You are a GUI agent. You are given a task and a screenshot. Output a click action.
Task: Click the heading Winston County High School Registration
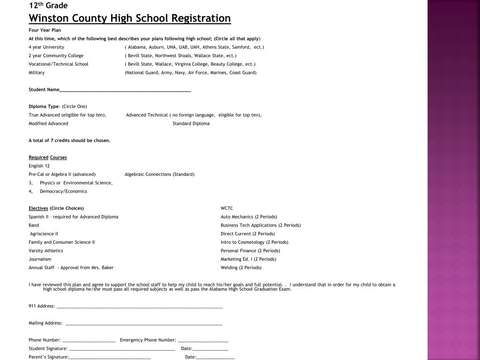[130, 18]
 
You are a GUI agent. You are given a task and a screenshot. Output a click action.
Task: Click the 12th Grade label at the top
[48, 6]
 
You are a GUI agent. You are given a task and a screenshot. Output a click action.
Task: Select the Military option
[37, 73]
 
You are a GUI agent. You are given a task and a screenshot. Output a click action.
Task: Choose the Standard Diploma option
[191, 124]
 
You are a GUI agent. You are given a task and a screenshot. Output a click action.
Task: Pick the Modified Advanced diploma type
[48, 124]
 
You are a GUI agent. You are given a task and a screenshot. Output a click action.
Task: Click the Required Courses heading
[48, 157]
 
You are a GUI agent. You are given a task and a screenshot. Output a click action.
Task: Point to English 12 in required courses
[39, 166]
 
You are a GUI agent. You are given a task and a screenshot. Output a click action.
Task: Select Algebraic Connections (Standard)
[159, 174]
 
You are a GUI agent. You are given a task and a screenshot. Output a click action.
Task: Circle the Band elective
[34, 225]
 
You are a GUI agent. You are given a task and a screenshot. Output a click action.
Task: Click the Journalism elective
[40, 259]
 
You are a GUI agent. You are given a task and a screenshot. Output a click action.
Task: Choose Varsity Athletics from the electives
[45, 251]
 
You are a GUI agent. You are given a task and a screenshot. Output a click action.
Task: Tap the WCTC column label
[227, 209]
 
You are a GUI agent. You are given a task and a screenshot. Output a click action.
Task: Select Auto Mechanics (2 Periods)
[249, 217]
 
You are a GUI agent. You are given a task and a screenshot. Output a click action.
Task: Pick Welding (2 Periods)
[241, 268]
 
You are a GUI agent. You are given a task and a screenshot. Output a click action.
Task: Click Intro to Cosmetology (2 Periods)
[255, 242]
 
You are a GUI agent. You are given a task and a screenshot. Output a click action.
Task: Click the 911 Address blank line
[140, 307]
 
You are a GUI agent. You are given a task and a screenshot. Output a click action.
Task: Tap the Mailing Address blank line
[144, 323]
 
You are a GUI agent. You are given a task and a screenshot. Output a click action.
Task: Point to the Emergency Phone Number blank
[203, 340]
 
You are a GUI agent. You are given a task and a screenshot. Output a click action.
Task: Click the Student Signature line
[122, 349]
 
